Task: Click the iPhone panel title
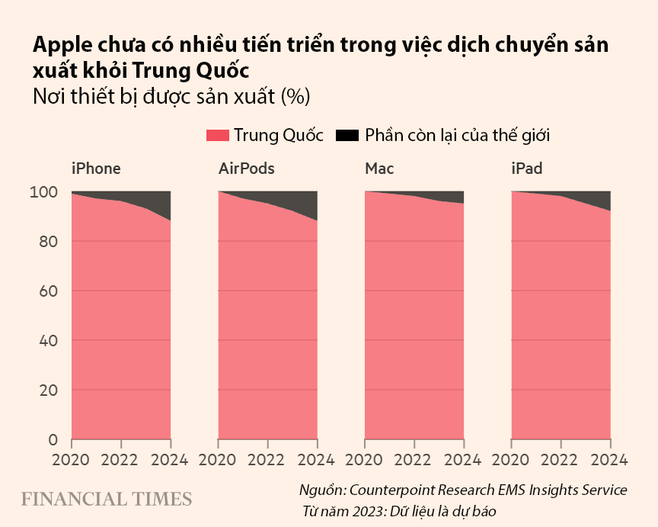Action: tap(96, 169)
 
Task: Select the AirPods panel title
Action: tap(246, 169)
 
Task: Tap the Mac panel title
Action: tap(379, 169)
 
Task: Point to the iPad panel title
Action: tap(526, 169)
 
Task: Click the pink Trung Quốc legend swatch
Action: tap(217, 136)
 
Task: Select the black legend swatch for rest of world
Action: tap(347, 136)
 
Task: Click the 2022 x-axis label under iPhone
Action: tap(120, 460)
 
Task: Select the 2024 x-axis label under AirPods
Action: tap(315, 460)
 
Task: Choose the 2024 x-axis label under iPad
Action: tap(608, 460)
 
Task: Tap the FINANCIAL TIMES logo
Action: tap(106, 500)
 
